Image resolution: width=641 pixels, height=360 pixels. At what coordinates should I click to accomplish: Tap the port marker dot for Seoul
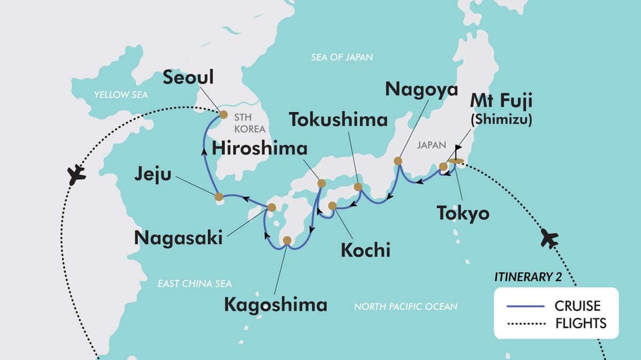point(223,114)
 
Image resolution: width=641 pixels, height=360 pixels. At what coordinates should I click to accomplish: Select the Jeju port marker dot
point(218,197)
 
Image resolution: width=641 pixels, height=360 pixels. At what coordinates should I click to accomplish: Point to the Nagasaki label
point(178,238)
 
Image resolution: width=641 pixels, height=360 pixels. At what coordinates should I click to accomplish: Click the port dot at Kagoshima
point(287,240)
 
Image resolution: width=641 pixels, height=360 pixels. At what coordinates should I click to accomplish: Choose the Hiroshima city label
point(260,148)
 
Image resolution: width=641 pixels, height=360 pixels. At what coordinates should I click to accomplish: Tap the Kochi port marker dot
point(332,206)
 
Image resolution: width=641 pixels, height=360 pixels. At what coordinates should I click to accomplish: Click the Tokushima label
point(338,119)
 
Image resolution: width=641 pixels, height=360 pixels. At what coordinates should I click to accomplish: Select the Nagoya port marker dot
point(398,161)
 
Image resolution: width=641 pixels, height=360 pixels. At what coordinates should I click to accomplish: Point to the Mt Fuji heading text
point(502,100)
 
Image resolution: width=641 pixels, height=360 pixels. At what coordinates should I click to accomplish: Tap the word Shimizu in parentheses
point(502,121)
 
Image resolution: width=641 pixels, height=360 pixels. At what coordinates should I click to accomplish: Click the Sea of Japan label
point(342,57)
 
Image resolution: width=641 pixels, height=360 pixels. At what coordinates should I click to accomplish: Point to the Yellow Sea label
point(120,95)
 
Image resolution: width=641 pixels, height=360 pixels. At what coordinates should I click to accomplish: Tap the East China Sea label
point(194,284)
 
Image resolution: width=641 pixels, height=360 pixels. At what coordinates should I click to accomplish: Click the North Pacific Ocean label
point(405,307)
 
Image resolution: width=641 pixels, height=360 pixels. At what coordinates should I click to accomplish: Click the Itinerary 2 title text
point(531,277)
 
